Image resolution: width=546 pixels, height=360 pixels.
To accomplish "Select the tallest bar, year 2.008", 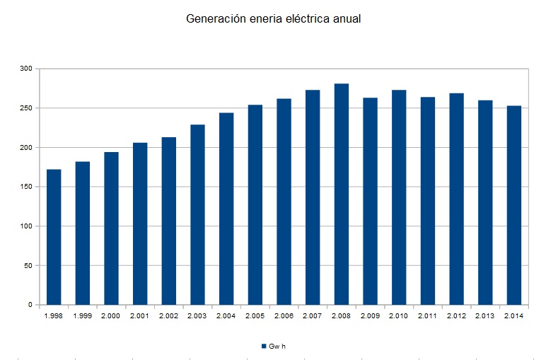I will pos(342,194).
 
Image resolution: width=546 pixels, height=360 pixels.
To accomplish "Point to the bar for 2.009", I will pos(370,201).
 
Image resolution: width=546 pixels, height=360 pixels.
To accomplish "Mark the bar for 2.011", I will pos(428,201).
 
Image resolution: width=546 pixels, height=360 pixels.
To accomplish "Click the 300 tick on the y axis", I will pos(26,69).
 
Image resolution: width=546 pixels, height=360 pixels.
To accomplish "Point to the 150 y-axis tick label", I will pos(26,187).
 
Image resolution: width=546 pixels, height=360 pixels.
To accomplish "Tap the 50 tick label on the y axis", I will pos(28,266).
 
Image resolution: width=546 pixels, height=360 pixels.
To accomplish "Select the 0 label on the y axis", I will pos(30,305).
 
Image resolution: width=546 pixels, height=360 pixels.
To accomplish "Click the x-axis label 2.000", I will pos(111,315).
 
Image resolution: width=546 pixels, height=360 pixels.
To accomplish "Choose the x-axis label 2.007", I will pos(313,315).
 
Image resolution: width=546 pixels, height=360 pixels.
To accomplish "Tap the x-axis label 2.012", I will pos(456,315).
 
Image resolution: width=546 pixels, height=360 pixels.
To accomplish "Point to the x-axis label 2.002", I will pos(168,315).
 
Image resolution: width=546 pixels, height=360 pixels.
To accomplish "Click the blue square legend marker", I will pos(263,346).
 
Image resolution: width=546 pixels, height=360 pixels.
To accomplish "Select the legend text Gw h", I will pos(277,346).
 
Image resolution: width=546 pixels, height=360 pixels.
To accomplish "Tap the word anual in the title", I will pos(347,19).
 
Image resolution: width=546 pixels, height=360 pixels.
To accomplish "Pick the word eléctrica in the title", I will pos(307,19).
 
